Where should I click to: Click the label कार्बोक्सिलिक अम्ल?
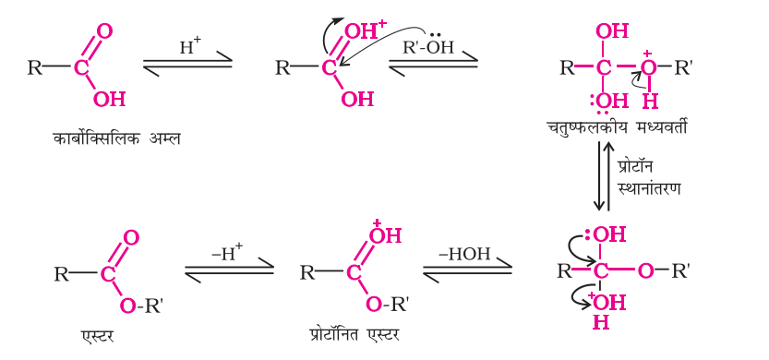[114, 139]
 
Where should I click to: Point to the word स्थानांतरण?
[650, 187]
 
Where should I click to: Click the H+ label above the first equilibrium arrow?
[189, 44]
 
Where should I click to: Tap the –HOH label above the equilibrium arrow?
[467, 253]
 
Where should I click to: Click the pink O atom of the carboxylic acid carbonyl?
[103, 31]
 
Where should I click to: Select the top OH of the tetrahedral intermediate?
[611, 31]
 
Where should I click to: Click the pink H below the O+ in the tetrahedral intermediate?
[650, 98]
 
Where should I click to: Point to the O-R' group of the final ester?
[142, 306]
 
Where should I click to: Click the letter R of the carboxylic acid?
[35, 67]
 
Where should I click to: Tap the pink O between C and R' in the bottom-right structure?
[645, 271]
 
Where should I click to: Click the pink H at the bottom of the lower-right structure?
[601, 323]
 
